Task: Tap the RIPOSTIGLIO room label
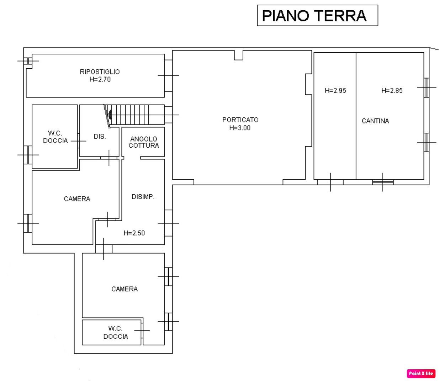click(x=100, y=72)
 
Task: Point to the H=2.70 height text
click(x=100, y=79)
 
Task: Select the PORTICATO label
click(x=240, y=120)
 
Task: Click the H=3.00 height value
click(x=240, y=128)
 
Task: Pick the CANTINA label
click(x=375, y=121)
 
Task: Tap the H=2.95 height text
click(x=335, y=90)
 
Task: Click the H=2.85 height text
click(x=392, y=90)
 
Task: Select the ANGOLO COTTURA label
click(x=144, y=142)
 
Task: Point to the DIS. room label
click(x=100, y=137)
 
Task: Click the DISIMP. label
click(x=143, y=197)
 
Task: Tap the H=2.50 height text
click(x=134, y=233)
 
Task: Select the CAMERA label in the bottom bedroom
click(x=125, y=289)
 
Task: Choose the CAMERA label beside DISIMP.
click(x=77, y=199)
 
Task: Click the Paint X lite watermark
click(x=421, y=374)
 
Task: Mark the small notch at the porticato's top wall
click(x=238, y=55)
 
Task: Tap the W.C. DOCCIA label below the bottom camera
click(x=116, y=332)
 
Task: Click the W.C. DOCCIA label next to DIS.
click(x=55, y=137)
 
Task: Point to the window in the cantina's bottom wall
click(x=383, y=182)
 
